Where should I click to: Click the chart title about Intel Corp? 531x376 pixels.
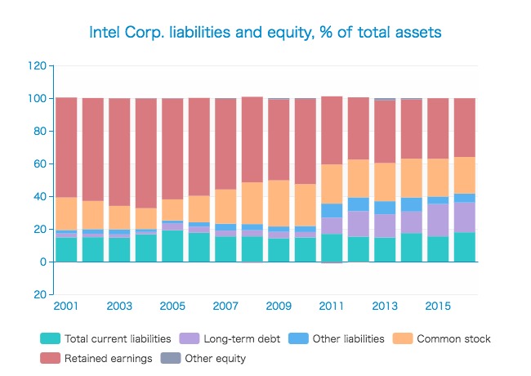tap(265, 32)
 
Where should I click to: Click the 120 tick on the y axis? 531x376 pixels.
tap(36, 65)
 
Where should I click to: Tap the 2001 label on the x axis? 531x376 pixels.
tap(66, 306)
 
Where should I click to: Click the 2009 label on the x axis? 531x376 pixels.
tap(279, 306)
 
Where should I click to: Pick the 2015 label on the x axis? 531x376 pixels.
tap(438, 306)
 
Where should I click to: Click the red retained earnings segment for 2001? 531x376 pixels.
tap(66, 147)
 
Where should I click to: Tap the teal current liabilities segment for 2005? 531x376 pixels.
tap(172, 246)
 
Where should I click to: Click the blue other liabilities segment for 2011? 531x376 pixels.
tap(332, 210)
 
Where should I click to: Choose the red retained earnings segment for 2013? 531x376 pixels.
tap(385, 132)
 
